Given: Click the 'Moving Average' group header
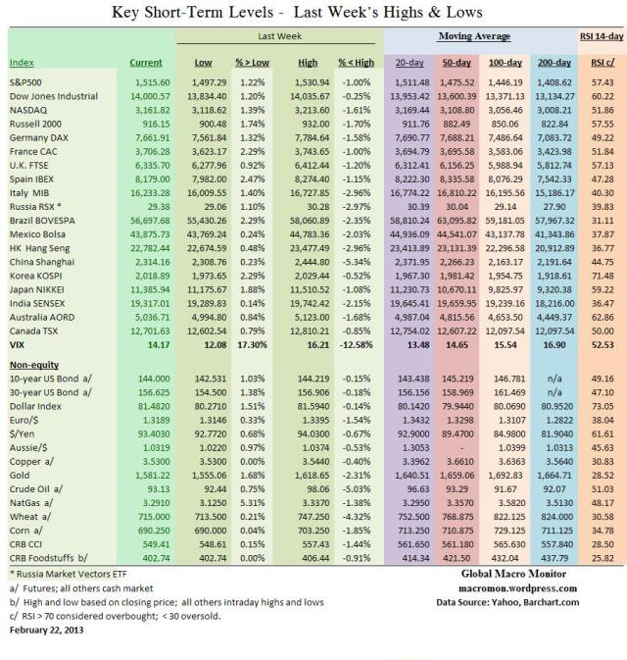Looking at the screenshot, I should pyautogui.click(x=480, y=36).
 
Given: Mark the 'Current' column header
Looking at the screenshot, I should pyautogui.click(x=146, y=63).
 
